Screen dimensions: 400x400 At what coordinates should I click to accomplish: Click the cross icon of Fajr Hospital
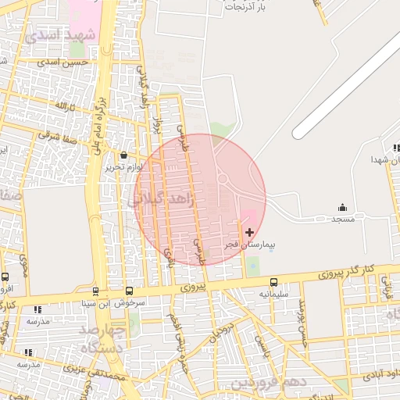pos(249,232)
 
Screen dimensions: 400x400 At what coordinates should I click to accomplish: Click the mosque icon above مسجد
pos(342,207)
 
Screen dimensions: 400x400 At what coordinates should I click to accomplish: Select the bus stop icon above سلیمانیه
pos(273,282)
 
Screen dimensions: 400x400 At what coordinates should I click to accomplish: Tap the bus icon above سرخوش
pos(129,290)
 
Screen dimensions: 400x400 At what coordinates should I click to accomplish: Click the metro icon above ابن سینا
pos(95,291)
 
